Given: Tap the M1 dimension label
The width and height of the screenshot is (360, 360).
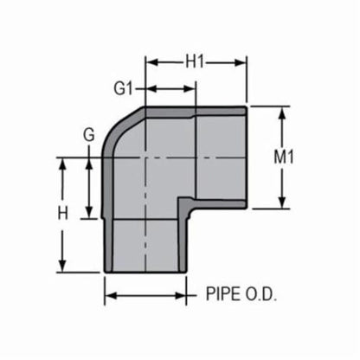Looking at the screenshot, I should tap(304, 157).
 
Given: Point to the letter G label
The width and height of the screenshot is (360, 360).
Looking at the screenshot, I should tap(87, 137).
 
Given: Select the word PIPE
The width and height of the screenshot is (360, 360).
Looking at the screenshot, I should tap(222, 294).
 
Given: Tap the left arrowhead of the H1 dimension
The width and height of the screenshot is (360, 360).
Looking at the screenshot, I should tap(150, 62).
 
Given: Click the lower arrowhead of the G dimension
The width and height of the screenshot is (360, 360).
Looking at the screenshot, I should tap(89, 215).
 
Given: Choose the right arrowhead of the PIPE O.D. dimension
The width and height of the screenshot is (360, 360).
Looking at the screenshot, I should tap(187, 295).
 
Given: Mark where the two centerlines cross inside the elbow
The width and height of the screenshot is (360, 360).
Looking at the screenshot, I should tap(145, 157).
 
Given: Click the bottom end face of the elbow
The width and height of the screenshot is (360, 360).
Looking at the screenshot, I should tap(147, 271).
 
